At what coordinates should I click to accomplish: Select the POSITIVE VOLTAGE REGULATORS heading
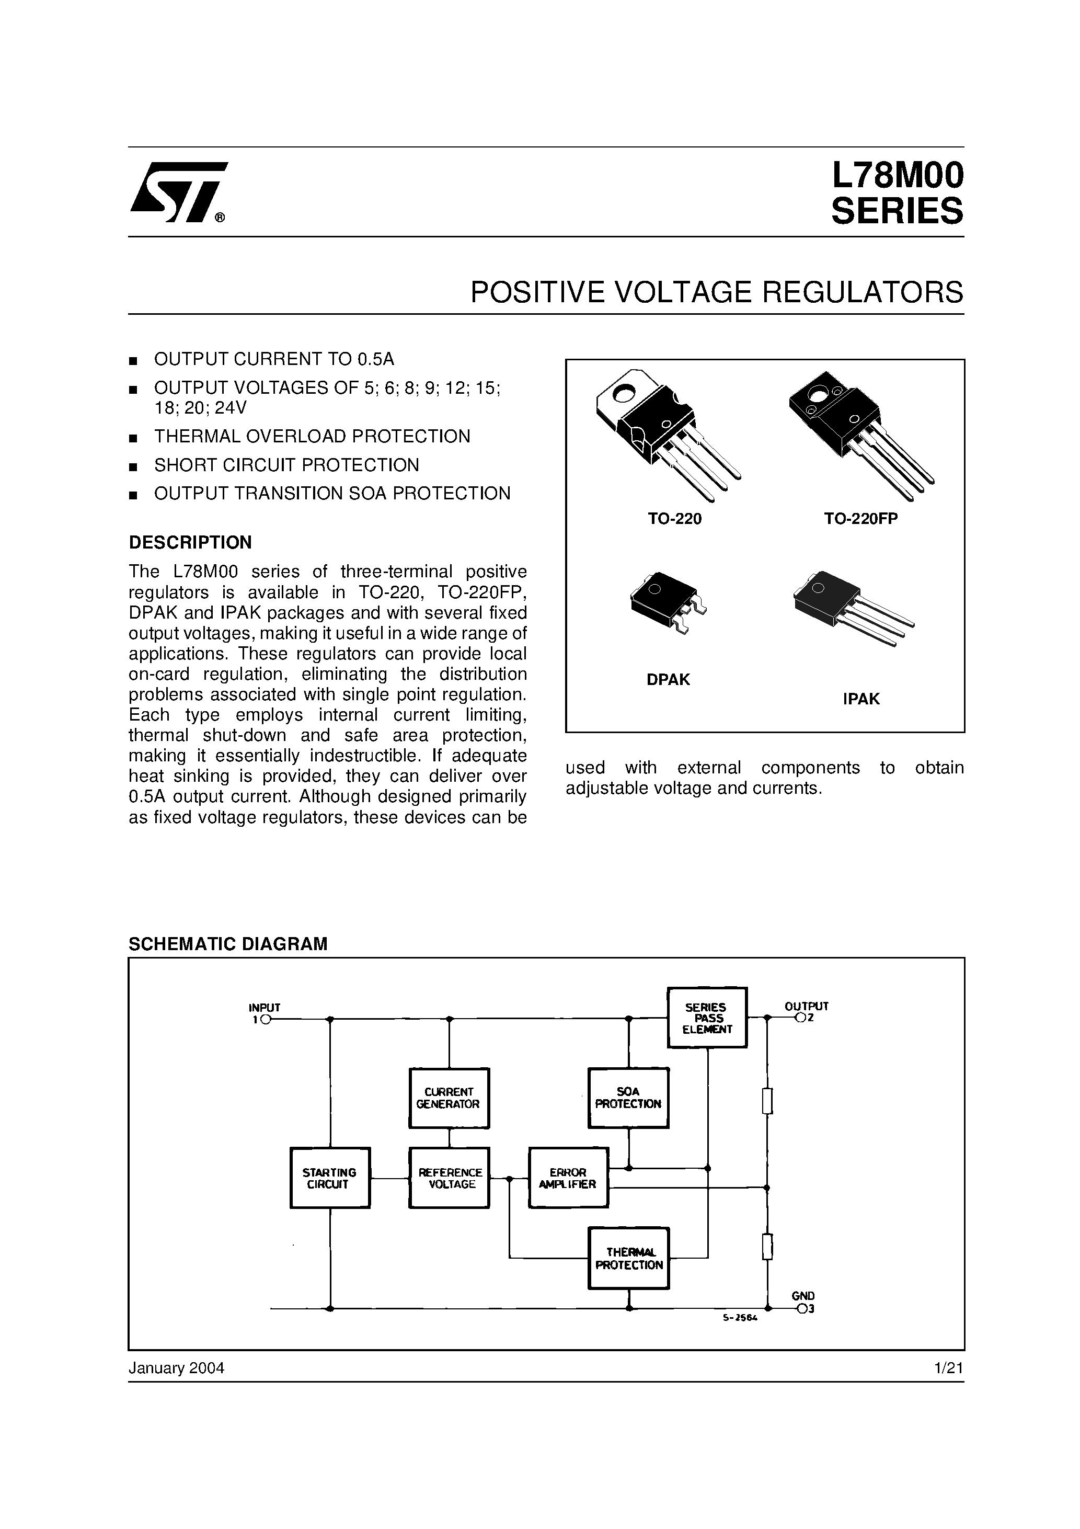717,292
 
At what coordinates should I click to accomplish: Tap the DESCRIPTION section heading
190,543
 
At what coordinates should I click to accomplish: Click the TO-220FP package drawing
859,433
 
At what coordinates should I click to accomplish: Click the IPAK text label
861,699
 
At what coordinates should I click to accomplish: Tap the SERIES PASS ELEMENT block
707,1018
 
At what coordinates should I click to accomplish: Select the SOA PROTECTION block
628,1098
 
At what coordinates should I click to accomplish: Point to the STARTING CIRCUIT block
329,1178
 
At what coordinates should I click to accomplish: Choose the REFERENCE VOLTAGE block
450,1178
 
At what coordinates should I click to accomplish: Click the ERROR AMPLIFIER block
568,1178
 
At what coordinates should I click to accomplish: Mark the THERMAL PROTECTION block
628,1258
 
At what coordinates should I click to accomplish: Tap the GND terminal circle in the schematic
801,1309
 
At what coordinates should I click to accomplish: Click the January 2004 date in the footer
177,1368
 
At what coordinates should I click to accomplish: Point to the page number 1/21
949,1368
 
